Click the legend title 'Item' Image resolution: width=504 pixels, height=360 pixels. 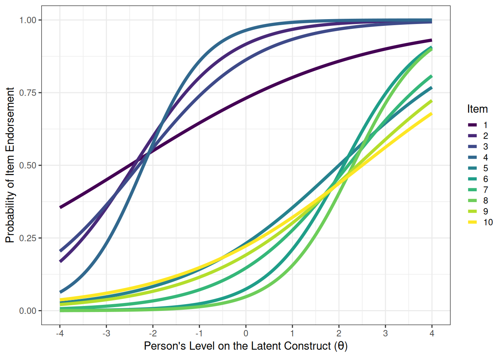477,109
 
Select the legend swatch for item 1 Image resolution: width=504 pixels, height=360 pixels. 472,125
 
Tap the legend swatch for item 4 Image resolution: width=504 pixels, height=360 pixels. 472,157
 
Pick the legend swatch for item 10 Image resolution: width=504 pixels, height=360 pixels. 472,222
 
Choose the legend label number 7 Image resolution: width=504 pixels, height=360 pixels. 485,190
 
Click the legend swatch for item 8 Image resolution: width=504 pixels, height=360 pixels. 472,201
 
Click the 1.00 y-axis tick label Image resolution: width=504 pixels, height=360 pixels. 28,20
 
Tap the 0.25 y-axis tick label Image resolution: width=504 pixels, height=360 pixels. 28,238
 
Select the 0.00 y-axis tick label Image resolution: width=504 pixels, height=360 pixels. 28,311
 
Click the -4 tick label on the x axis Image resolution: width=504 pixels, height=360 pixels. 59,333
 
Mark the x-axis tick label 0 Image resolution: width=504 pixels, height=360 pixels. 246,333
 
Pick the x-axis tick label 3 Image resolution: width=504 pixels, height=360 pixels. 385,333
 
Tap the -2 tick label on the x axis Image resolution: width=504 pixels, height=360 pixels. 152,333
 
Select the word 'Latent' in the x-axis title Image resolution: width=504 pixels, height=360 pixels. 266,346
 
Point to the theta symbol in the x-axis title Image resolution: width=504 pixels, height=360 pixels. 340,346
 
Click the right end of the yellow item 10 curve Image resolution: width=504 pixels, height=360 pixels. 431,114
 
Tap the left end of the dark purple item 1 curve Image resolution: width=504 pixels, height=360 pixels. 60,207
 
